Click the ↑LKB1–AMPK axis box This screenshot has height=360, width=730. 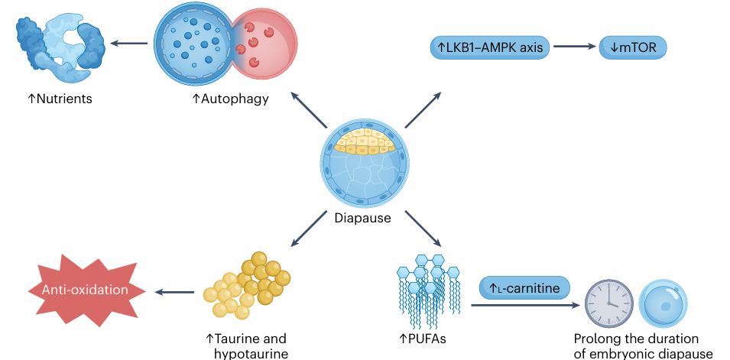pos(489,47)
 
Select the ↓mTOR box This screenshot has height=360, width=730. pos(634,47)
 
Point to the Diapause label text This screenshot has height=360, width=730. pos(363,218)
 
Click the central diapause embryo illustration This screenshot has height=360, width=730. pos(365,161)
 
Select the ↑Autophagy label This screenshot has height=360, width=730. pos(230,99)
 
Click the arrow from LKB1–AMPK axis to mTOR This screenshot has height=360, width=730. pos(574,47)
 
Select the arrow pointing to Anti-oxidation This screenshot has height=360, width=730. pos(174,291)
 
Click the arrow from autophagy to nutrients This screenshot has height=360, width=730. pos(128,43)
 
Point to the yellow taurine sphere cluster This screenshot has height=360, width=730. pos(247,286)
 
